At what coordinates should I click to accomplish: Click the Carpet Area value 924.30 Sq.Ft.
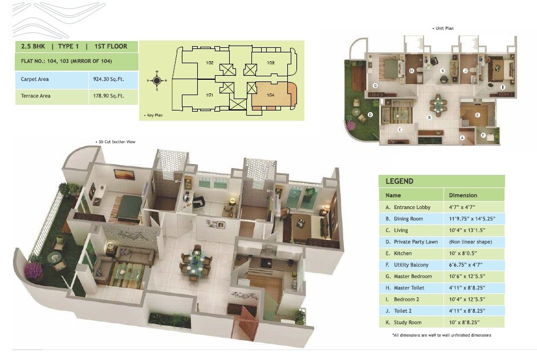point(112,79)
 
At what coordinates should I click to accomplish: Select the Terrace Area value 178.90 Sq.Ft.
point(112,96)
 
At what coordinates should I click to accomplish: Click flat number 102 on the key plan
point(210,63)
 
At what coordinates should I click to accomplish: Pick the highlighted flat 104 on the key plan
point(270,95)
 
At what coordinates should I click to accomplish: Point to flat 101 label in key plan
point(210,95)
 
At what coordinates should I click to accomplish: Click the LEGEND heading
point(400,181)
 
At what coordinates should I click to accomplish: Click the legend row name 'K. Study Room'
point(405,322)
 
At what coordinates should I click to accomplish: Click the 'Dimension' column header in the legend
point(463,195)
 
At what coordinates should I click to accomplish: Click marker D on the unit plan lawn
point(370,114)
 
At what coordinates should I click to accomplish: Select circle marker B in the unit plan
point(429,118)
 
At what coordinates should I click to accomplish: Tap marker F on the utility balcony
point(483,135)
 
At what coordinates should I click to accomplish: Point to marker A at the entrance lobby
point(462,137)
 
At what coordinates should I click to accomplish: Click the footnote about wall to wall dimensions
point(441,335)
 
